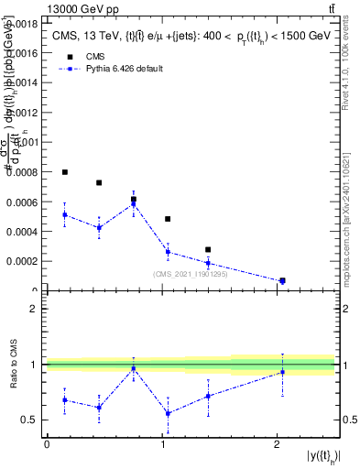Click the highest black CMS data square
point(65,172)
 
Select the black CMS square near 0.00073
point(99,183)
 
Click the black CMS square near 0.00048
point(168,219)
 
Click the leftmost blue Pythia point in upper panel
point(65,214)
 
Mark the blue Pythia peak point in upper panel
point(134,204)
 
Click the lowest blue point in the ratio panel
point(168,413)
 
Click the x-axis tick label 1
point(162,443)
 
